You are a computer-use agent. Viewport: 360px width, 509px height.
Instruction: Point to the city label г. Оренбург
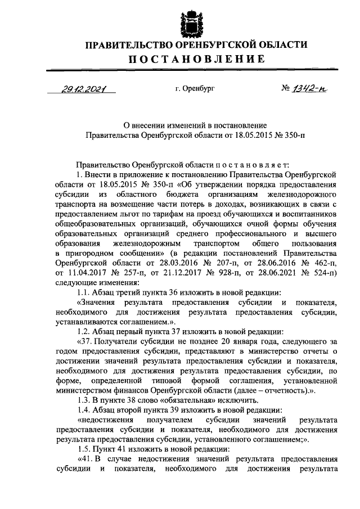(x=195, y=89)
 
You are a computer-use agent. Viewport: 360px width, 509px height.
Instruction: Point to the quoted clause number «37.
(x=83, y=343)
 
